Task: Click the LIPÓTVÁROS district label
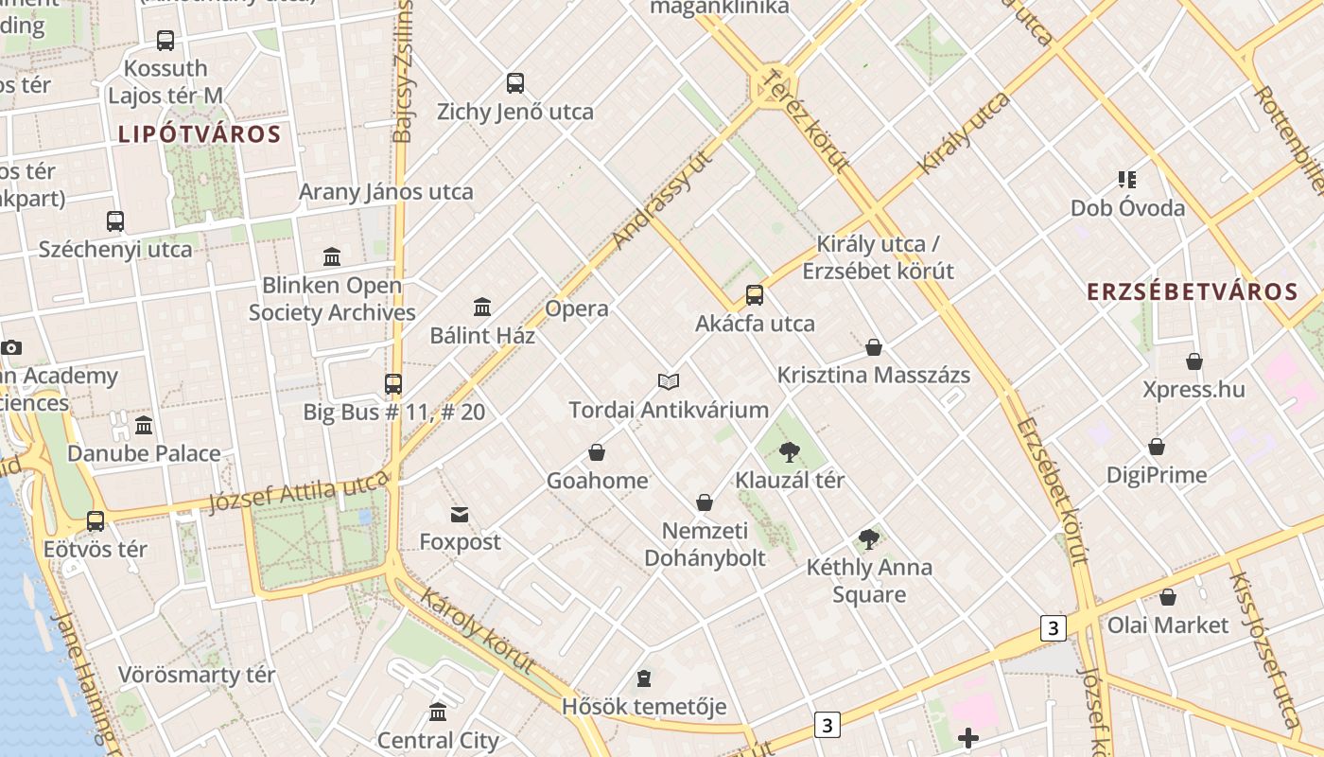coord(200,134)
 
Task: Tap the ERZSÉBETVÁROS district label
coord(1192,291)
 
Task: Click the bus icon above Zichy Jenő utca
coord(515,83)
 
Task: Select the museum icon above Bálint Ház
coord(482,307)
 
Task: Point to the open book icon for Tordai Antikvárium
coord(669,381)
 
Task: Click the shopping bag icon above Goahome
coord(597,452)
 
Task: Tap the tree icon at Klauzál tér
coord(790,452)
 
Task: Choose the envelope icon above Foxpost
coord(460,515)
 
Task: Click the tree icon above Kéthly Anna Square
coord(869,539)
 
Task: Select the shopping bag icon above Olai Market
coord(1168,597)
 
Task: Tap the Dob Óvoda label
coord(1127,208)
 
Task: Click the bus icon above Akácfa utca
coord(754,295)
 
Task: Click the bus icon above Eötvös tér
coord(96,521)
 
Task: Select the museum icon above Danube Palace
coord(144,426)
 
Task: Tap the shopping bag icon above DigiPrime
coord(1156,447)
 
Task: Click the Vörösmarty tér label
coord(197,675)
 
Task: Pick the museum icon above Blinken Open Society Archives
coord(332,256)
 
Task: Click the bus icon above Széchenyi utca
coord(115,221)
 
